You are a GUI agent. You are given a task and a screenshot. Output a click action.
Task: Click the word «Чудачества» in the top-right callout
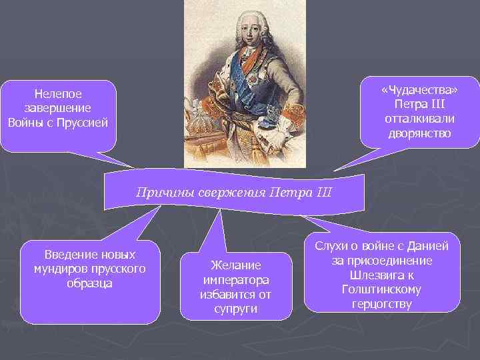[419, 91]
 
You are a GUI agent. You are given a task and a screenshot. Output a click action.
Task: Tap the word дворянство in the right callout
[419, 133]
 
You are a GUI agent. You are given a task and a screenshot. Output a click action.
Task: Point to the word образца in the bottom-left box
[89, 283]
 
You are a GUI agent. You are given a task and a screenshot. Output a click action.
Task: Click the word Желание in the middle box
[235, 265]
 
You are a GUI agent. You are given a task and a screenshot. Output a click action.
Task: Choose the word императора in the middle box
[235, 279]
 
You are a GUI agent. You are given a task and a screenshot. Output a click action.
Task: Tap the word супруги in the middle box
[235, 308]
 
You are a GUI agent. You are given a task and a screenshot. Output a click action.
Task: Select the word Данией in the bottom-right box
[427, 247]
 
